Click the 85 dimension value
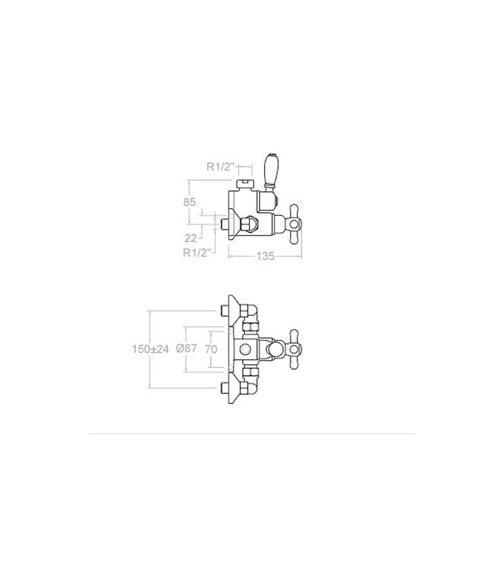(189, 202)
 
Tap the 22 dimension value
(191, 238)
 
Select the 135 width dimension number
(265, 257)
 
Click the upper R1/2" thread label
(220, 167)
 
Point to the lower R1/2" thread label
(197, 253)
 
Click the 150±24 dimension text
(151, 349)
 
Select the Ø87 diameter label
(186, 348)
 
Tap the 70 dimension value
(211, 349)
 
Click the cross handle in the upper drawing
(294, 224)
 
